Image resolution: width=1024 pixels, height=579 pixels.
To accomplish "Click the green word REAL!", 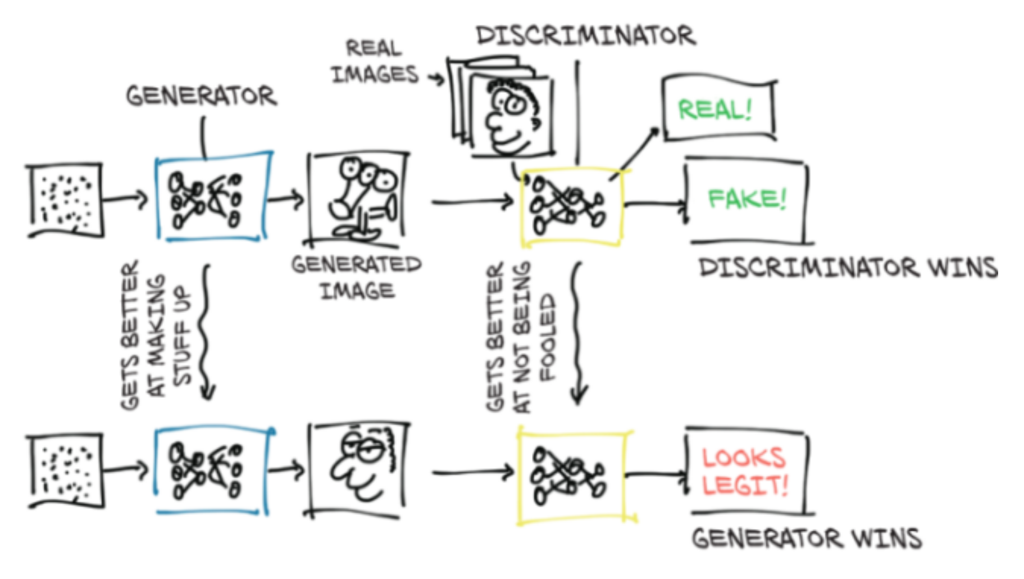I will point(714,110).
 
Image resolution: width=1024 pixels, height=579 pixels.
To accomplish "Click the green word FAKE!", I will point(747,198).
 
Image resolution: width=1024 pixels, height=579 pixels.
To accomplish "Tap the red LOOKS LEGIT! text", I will point(745,471).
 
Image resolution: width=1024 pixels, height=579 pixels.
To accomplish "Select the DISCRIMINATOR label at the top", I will point(585,36).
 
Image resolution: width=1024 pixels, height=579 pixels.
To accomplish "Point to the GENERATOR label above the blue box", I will point(201,96).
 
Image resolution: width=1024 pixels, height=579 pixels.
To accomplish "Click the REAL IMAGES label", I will point(375,62).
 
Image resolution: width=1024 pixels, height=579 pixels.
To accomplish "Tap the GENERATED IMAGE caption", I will point(356,277).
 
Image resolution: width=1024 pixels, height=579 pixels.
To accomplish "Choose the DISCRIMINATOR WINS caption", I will point(848,268).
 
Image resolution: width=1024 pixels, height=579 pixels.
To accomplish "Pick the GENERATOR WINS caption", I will point(807,539).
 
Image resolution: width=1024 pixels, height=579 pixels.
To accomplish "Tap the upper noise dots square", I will point(66,200).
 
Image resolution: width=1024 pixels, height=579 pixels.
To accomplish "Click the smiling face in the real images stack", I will point(511,115).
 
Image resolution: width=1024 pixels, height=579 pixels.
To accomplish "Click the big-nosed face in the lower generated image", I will point(362,467).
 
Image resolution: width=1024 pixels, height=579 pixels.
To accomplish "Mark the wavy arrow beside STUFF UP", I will point(206,332).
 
